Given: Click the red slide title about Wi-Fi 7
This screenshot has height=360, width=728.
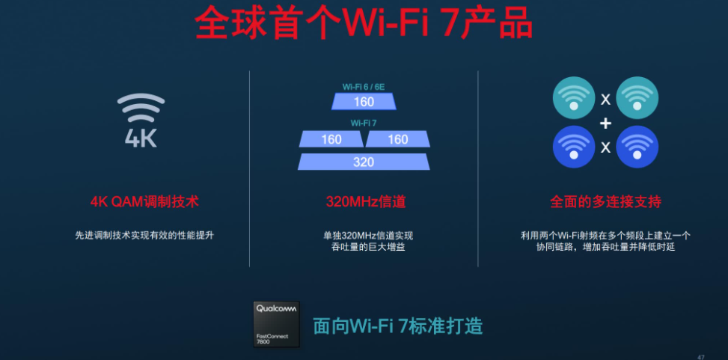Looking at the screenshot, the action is click(x=364, y=22).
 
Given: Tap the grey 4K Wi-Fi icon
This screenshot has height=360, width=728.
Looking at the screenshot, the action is click(x=141, y=120).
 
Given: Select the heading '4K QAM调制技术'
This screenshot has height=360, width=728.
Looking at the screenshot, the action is click(x=144, y=202).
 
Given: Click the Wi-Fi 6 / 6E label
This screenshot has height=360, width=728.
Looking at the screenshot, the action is click(x=364, y=87).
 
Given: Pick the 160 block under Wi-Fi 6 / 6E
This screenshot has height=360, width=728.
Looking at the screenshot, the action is click(x=364, y=102).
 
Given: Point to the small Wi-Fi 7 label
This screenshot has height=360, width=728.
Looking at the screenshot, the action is click(x=364, y=123).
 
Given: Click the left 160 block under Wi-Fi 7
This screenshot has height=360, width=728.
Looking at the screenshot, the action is click(x=331, y=139).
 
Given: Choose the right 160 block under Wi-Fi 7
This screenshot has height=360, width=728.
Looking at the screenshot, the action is click(x=398, y=139).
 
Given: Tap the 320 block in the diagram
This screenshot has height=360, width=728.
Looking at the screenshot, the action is click(x=364, y=162).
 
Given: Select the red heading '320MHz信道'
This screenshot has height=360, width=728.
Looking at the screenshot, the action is click(x=366, y=202).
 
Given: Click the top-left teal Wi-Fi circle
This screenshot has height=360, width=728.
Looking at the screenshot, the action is click(x=574, y=98).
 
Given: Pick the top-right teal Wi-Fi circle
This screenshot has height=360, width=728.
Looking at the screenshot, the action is click(x=637, y=98).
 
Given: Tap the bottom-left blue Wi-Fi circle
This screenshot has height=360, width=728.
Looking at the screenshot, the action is click(x=574, y=147).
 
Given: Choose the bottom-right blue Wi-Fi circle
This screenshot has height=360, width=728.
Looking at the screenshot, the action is click(x=637, y=147).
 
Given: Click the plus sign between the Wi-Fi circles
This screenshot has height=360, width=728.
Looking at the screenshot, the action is click(x=605, y=123).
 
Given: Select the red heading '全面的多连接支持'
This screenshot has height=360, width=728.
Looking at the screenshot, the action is click(x=606, y=202).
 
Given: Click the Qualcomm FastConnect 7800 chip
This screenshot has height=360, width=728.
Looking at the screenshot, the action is click(x=276, y=324).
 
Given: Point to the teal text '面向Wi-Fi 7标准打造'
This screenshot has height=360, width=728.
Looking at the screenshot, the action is click(x=398, y=326).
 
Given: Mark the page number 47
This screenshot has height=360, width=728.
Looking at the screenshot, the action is click(x=701, y=357).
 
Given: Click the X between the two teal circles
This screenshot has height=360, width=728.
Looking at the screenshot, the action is click(x=605, y=99).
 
